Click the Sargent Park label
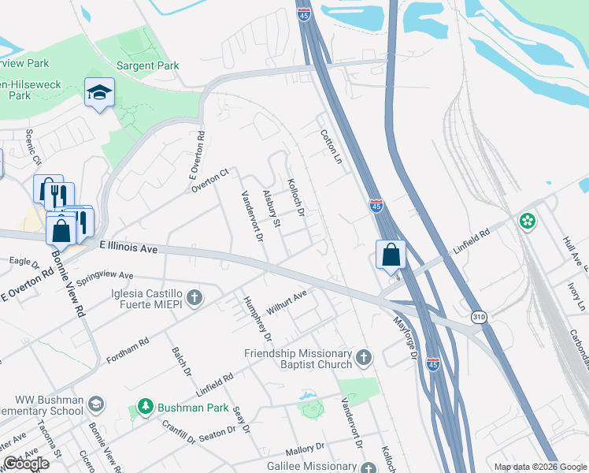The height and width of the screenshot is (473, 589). click(x=148, y=66)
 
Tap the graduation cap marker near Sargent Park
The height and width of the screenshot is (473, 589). click(x=100, y=92)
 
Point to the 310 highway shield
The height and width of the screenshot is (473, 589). click(x=478, y=317)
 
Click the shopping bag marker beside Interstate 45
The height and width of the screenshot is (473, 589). click(x=391, y=255)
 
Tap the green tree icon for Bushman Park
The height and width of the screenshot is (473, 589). click(x=145, y=408)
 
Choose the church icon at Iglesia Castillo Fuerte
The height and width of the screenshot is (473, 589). click(x=195, y=297)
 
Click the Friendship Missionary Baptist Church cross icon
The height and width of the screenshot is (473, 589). click(x=363, y=358)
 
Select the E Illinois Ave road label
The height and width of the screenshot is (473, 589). click(x=128, y=248)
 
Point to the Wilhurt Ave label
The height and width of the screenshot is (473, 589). click(x=286, y=303)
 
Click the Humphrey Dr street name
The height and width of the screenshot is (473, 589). click(x=257, y=319)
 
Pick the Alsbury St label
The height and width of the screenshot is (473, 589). click(x=272, y=209)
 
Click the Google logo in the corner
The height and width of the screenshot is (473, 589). click(x=26, y=464)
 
